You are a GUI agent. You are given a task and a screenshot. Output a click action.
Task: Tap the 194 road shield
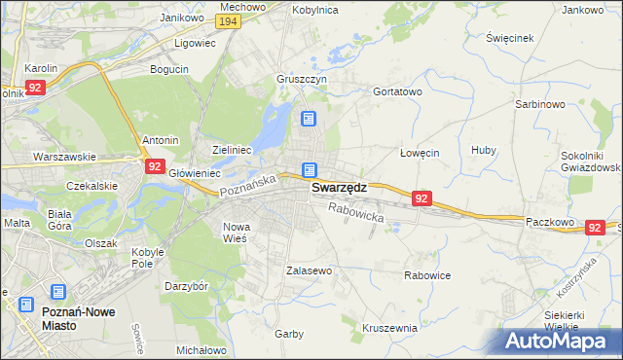point(229,21)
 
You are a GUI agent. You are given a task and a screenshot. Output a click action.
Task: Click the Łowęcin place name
point(421,153)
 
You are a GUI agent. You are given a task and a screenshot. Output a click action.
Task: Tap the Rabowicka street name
point(356,213)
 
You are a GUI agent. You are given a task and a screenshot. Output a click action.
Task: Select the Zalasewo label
point(310,270)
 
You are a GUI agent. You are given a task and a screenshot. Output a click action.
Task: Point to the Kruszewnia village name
point(389,329)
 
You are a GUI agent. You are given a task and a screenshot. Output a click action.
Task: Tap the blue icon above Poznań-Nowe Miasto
point(57,291)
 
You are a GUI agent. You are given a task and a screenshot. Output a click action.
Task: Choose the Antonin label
point(160,140)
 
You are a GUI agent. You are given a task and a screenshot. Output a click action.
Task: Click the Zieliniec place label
point(233,150)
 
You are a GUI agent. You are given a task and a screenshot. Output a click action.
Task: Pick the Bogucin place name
point(169,69)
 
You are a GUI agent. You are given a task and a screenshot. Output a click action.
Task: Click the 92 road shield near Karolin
point(35,88)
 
